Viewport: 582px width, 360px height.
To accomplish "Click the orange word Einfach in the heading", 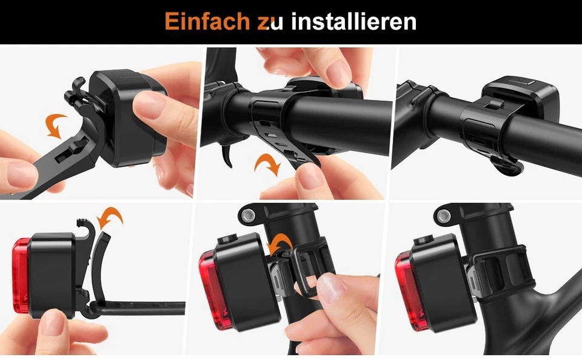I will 207,22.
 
